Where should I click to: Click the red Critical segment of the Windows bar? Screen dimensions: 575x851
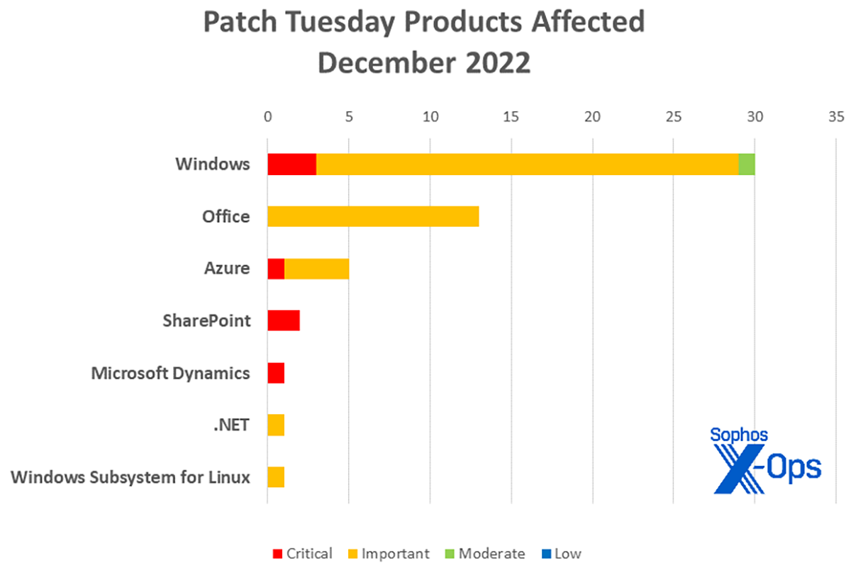(291, 164)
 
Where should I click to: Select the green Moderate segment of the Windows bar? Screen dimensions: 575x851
(747, 164)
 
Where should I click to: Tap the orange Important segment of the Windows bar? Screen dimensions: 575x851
(527, 164)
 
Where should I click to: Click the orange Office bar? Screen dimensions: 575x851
(373, 216)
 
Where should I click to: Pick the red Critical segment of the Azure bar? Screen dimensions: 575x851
(276, 269)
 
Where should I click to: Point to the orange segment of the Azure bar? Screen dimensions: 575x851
(316, 269)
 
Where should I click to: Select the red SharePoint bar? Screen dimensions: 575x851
(284, 320)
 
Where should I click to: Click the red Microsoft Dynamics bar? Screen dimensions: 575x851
(276, 373)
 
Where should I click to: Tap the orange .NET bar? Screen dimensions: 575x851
(276, 425)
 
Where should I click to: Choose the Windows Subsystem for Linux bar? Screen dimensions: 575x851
(276, 477)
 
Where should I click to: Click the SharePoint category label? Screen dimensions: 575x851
(206, 320)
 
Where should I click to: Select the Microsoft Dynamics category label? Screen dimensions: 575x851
(171, 373)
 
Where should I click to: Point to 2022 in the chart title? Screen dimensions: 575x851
(494, 62)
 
